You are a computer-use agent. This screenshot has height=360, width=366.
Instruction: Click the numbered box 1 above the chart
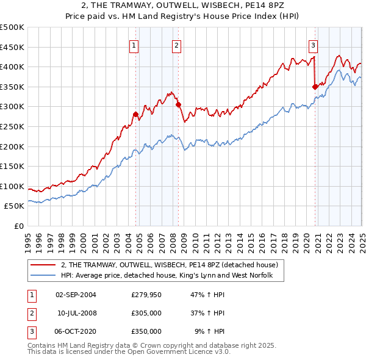tap(134, 45)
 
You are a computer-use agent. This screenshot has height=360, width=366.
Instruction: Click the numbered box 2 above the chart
tap(176, 45)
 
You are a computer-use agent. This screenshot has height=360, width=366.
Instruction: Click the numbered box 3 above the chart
tap(313, 45)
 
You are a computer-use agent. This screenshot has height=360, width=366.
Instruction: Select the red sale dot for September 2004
tap(135, 114)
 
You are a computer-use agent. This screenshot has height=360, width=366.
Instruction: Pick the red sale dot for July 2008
tap(178, 104)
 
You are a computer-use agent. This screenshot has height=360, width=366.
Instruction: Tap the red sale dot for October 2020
tap(315, 87)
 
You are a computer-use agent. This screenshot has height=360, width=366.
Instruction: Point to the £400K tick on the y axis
tap(12, 67)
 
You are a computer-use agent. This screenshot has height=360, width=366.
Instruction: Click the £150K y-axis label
tap(12, 166)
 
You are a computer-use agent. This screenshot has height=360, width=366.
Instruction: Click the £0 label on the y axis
tap(18, 226)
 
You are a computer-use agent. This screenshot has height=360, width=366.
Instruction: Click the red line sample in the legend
tap(43, 265)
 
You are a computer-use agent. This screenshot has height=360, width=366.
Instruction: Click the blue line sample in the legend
tap(43, 276)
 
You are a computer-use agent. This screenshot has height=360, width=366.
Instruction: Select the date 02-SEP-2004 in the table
tap(76, 295)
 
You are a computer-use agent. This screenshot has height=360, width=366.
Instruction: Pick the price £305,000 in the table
tap(146, 313)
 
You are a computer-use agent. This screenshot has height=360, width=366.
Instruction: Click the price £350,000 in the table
tap(146, 331)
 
